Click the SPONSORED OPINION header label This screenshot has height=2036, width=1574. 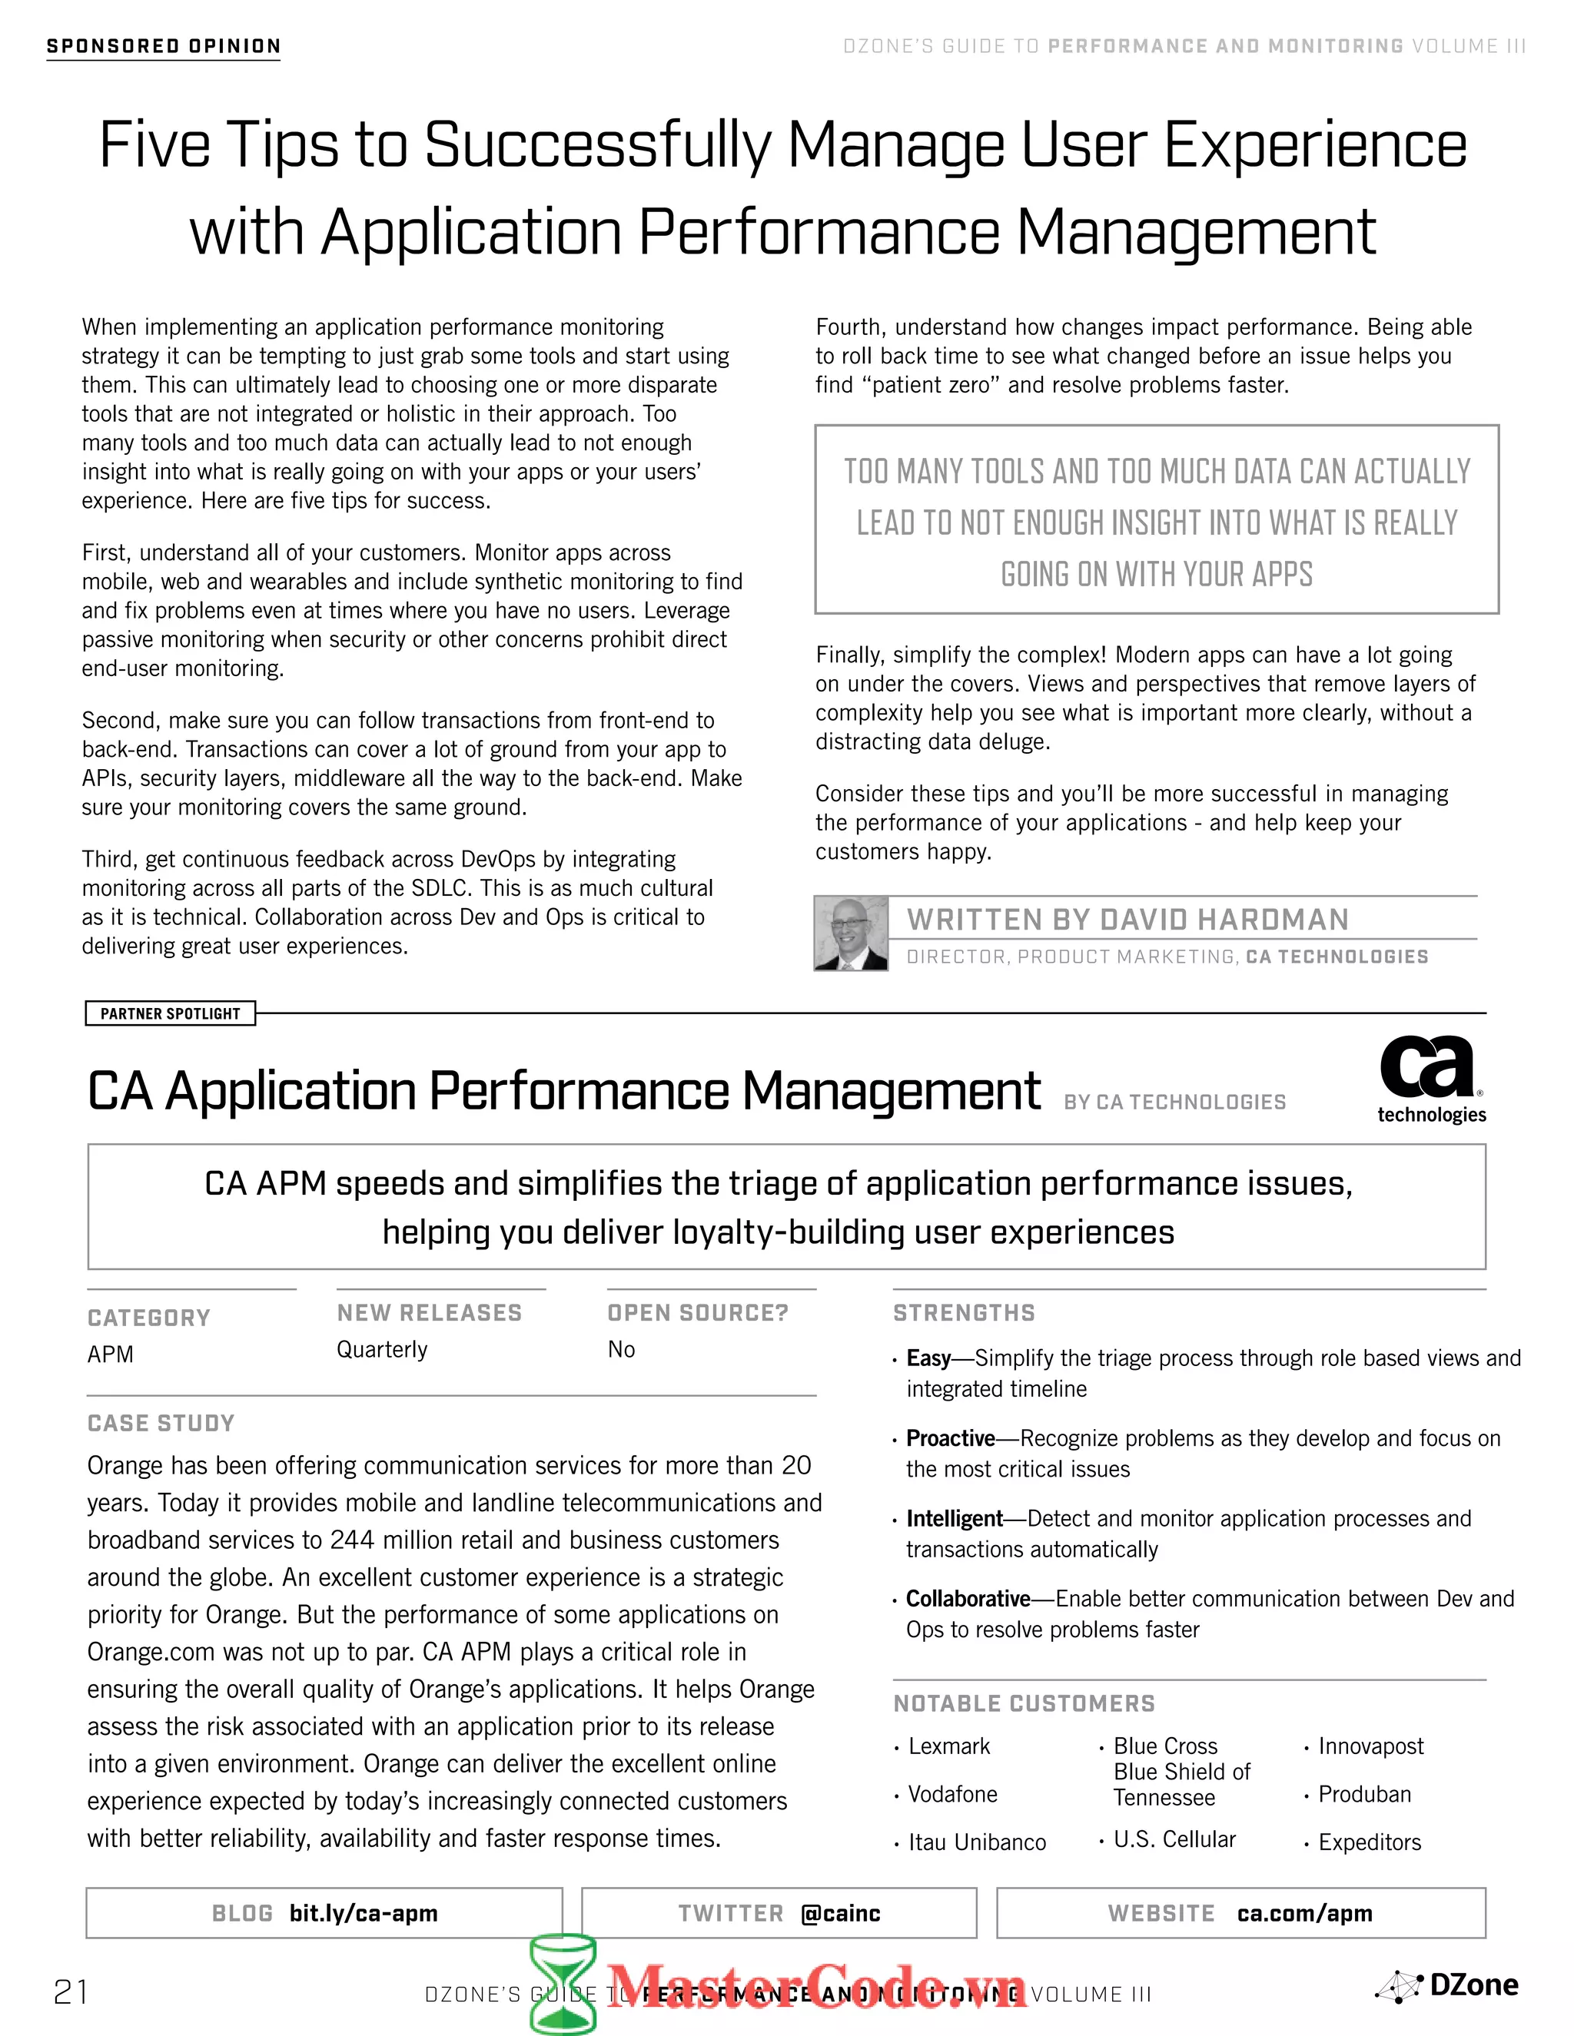(163, 47)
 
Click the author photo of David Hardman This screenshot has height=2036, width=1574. (851, 933)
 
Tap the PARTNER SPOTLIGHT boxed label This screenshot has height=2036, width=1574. (170, 1013)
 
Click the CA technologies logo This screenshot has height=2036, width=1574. (1430, 1079)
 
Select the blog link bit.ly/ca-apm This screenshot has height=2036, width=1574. (363, 1913)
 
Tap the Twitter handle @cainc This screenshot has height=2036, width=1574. (840, 1913)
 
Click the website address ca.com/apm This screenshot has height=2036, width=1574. (1303, 1913)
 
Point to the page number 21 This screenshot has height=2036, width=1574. (71, 1992)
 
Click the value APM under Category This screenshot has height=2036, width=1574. (110, 1354)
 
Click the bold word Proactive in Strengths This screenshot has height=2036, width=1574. (950, 1437)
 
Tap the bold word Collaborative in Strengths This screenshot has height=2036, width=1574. (967, 1598)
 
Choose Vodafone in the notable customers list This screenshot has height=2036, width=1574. (952, 1794)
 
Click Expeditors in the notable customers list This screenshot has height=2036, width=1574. (1369, 1842)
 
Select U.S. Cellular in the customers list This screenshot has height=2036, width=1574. (1174, 1839)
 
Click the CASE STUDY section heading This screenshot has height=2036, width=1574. (161, 1423)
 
